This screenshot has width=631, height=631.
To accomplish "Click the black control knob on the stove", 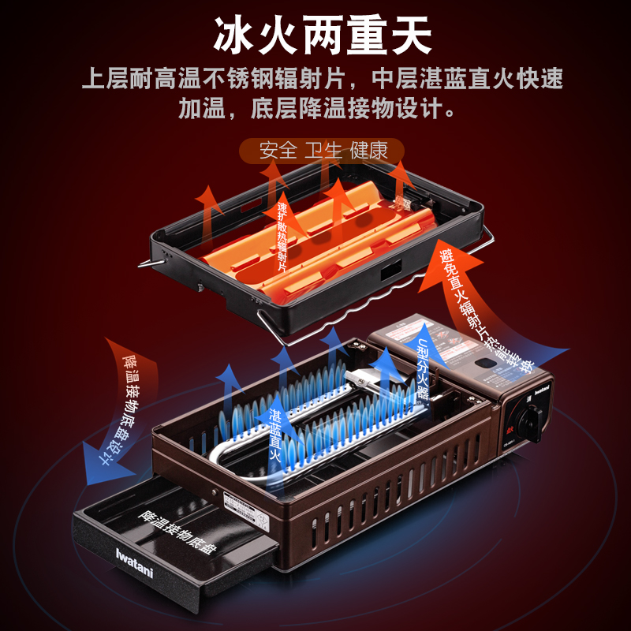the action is (528, 417).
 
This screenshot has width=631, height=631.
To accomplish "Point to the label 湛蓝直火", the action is (276, 435).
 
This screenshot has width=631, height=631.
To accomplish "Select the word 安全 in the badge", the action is (278, 149).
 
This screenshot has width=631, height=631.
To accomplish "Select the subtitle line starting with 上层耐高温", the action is (323, 79).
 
